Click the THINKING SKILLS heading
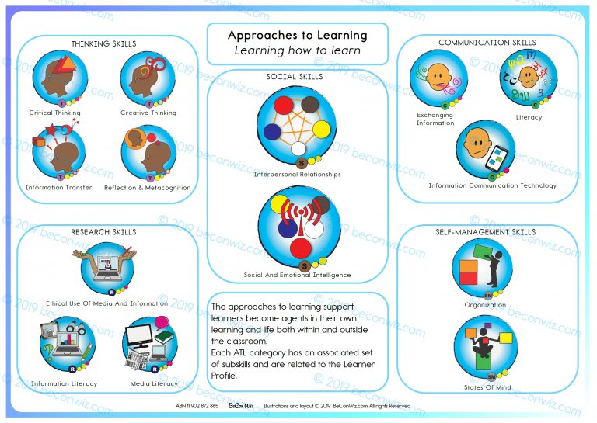[103, 44]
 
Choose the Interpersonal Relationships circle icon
[298, 127]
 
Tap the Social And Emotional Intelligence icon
[298, 228]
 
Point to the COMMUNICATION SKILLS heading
[487, 43]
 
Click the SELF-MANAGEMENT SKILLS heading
[487, 232]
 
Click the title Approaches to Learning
[298, 36]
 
